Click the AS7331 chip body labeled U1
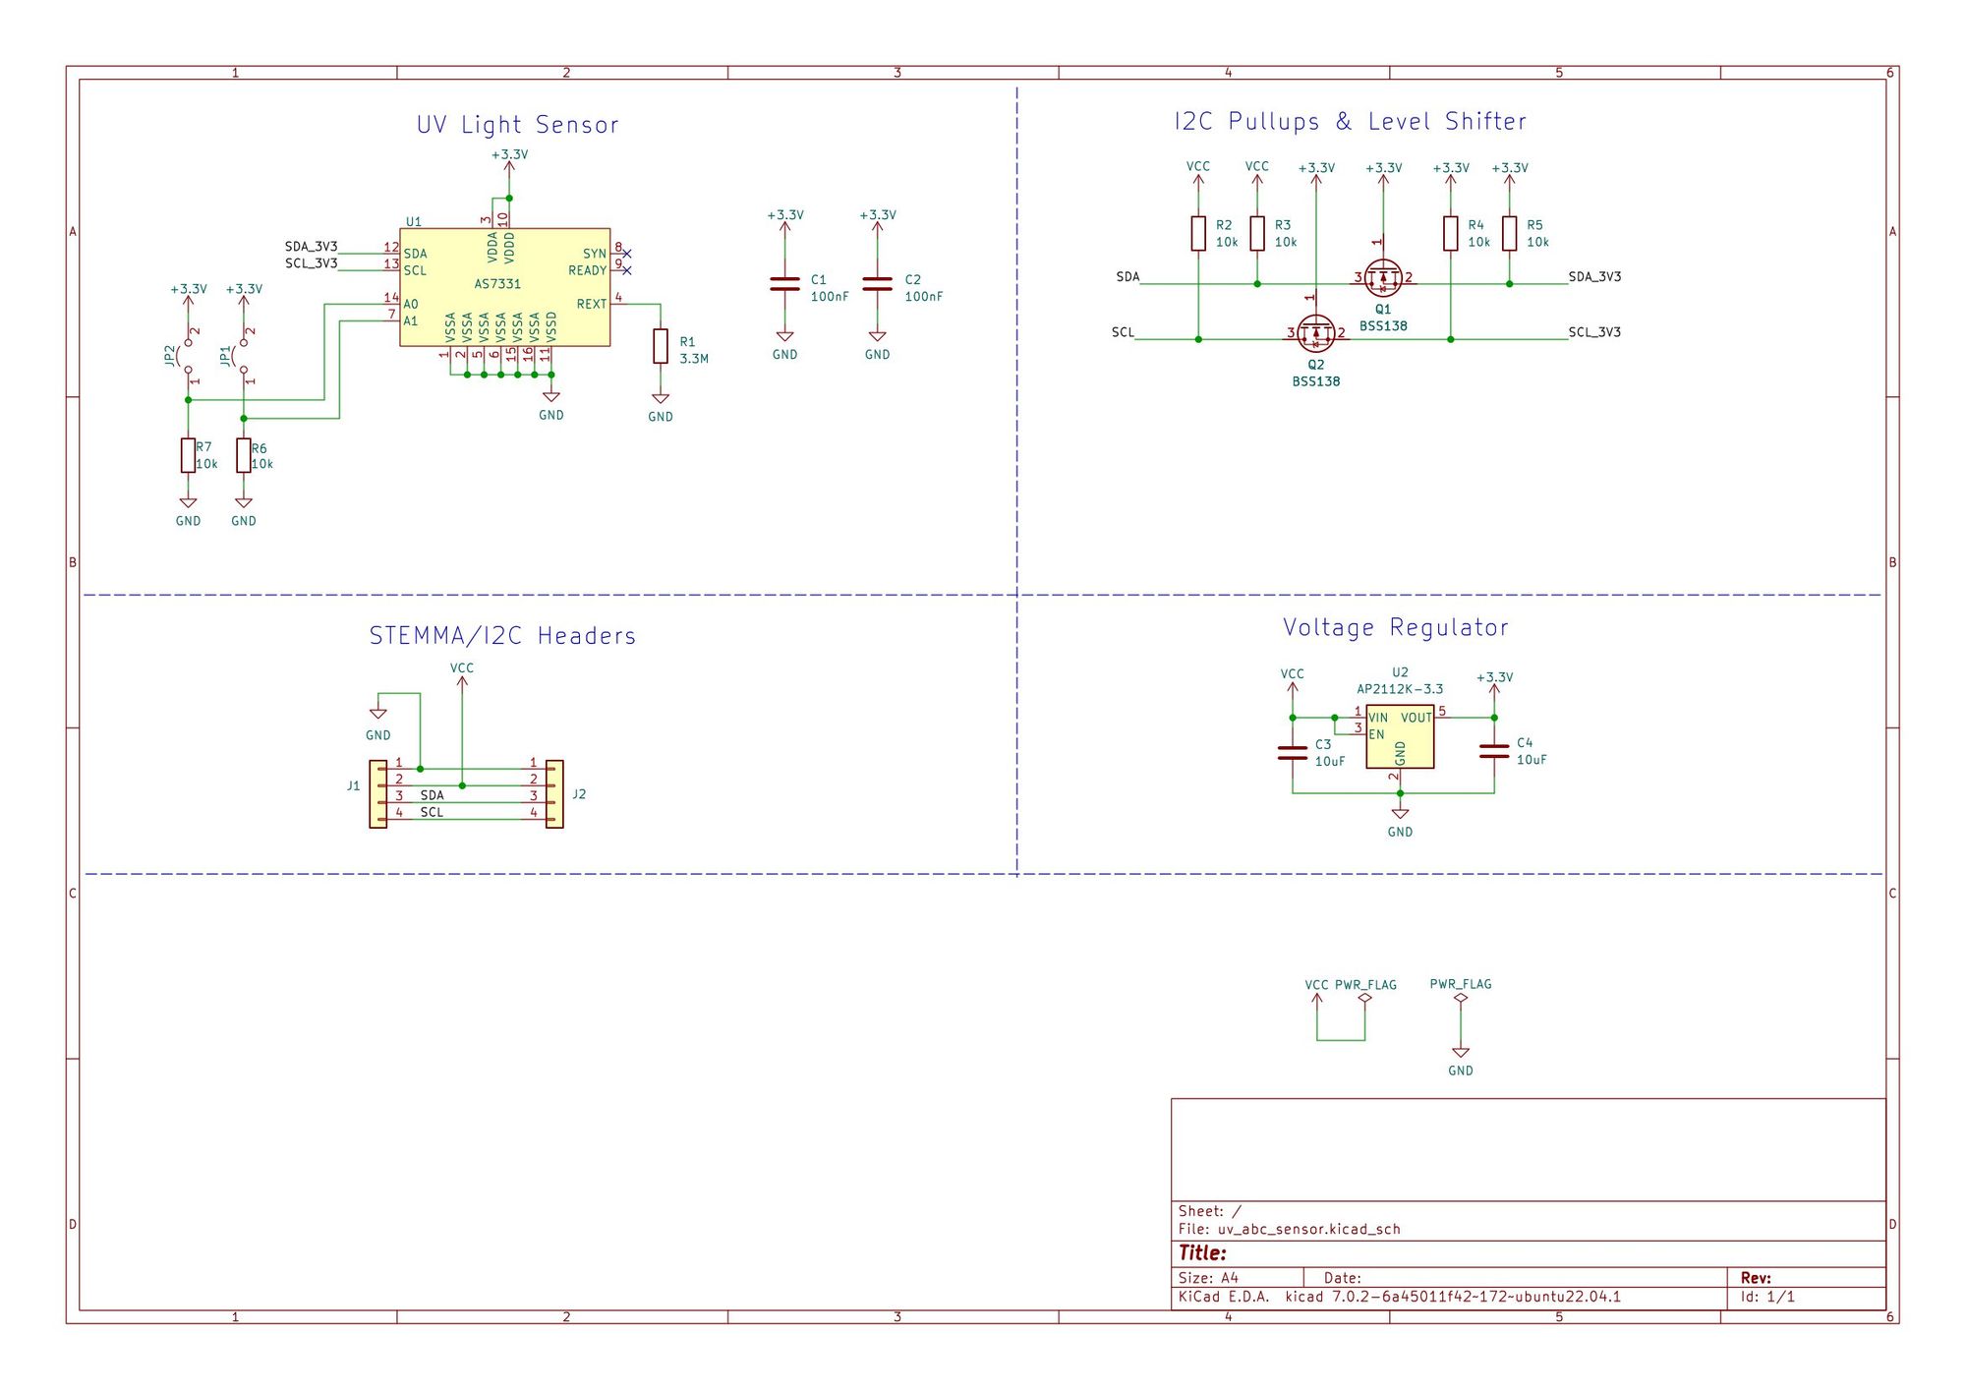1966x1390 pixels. click(504, 287)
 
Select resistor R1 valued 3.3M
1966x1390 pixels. click(661, 346)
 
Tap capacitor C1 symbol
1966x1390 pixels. click(784, 284)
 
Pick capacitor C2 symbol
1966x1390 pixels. click(878, 284)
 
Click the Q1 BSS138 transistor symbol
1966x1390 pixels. click(1383, 277)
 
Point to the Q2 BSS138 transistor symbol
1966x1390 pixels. click(1315, 333)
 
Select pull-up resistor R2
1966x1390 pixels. click(1198, 234)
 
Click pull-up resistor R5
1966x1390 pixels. click(1509, 234)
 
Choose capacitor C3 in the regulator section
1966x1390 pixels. click(1293, 753)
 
